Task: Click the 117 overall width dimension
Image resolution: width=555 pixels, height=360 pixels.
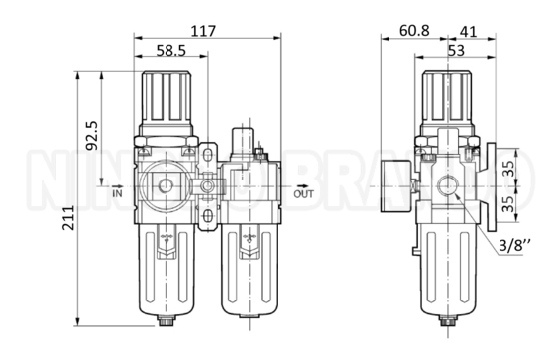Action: tap(203, 31)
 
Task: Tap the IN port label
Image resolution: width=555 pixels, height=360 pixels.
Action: tap(117, 194)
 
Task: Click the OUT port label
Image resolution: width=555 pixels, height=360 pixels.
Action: tap(305, 194)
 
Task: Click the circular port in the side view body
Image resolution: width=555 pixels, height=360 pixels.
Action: tap(449, 185)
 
